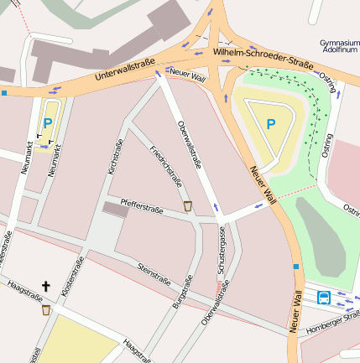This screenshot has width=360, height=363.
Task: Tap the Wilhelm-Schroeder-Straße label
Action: click(263, 57)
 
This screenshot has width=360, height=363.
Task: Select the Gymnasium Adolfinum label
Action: click(339, 45)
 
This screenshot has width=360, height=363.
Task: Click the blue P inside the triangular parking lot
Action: click(270, 124)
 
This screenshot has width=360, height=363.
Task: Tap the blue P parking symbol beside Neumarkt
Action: click(48, 123)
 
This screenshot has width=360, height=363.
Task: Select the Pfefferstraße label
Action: click(141, 202)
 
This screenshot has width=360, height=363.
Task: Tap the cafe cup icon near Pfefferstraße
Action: click(187, 205)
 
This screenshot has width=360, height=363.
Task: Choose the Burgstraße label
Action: click(181, 293)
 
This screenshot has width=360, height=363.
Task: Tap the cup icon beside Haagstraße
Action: click(45, 309)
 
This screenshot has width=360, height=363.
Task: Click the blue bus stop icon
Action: click(324, 296)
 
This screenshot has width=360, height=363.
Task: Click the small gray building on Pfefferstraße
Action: click(116, 210)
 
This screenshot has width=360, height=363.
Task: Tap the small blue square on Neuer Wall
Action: click(295, 267)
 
